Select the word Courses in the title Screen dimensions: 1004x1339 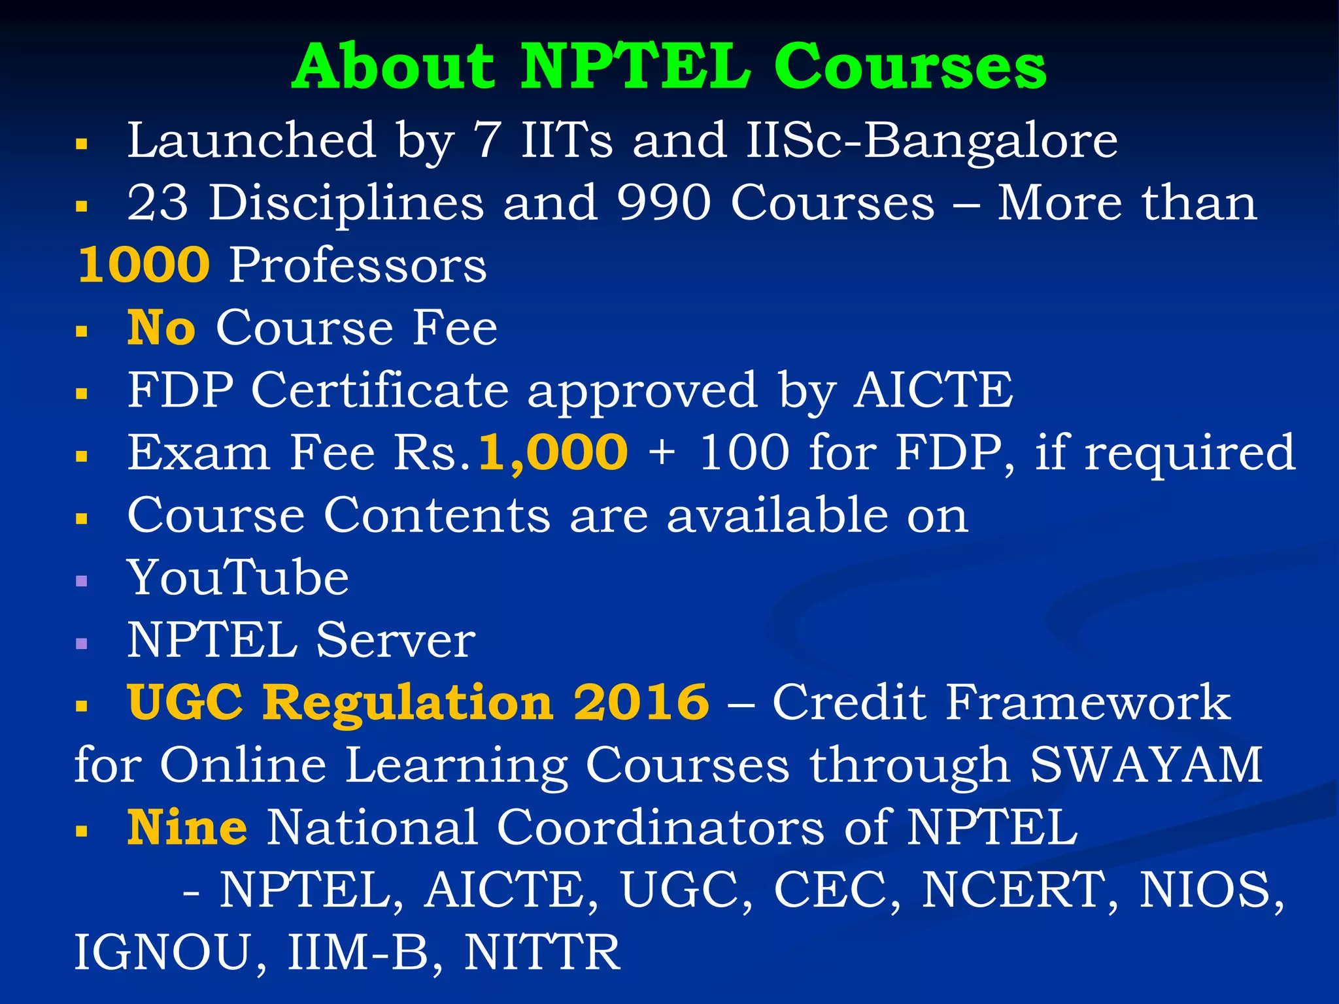point(909,67)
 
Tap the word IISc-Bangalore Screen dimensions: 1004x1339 point(931,141)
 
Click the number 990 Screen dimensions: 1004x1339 point(664,203)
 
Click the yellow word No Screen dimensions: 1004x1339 point(161,327)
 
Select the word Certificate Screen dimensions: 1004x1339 point(380,390)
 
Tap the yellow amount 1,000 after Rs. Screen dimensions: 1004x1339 point(553,452)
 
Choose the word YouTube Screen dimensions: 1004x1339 point(238,578)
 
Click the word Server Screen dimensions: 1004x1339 point(396,640)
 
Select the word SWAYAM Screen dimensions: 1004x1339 point(1145,765)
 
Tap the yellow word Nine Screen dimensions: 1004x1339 point(187,828)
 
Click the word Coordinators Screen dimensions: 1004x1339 point(660,828)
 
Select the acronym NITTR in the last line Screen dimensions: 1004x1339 point(542,952)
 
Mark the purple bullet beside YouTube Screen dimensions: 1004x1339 point(82,580)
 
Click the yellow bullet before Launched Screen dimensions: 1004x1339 point(82,144)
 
